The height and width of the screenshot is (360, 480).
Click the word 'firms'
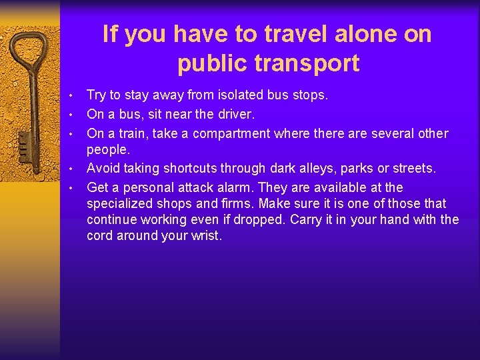click(x=237, y=203)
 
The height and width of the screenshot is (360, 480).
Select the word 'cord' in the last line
click(x=100, y=235)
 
